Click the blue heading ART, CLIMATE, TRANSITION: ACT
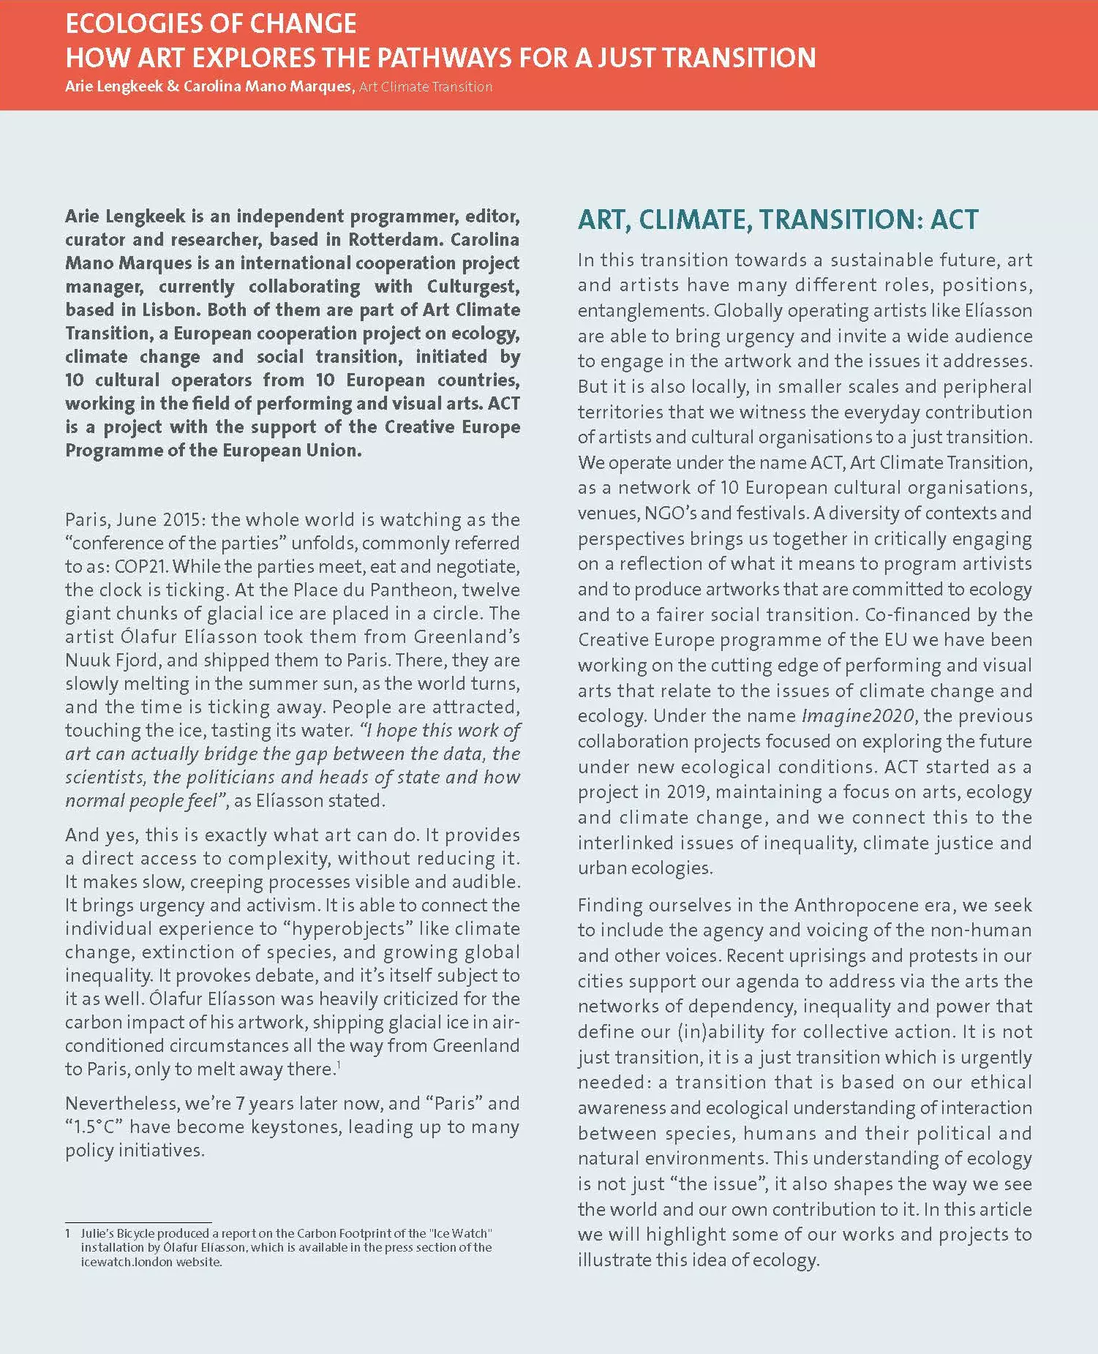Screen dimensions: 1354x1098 coord(778,219)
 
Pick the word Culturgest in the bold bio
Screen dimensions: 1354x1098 coord(473,287)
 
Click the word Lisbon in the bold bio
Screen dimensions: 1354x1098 coord(170,310)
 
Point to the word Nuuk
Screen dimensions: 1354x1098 coord(88,661)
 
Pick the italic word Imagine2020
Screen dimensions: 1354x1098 coord(857,716)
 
